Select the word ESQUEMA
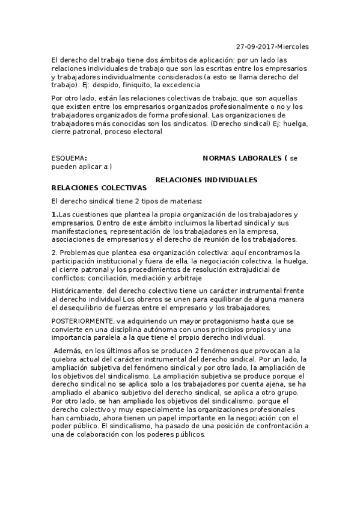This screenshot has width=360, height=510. pyautogui.click(x=68, y=158)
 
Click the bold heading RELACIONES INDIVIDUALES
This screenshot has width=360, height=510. pyautogui.click(x=207, y=180)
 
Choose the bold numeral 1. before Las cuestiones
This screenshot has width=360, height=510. pyautogui.click(x=55, y=214)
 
